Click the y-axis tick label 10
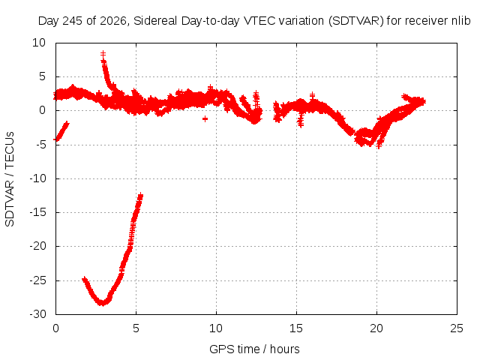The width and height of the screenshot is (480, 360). pyautogui.click(x=39, y=43)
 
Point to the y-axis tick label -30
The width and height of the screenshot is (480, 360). pyautogui.click(x=38, y=314)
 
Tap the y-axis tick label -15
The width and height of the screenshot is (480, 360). pyautogui.click(x=38, y=212)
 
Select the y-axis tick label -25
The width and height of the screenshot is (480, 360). pyautogui.click(x=38, y=280)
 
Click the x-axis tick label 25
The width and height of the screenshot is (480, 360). pyautogui.click(x=457, y=328)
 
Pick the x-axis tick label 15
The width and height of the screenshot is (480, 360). pyautogui.click(x=296, y=328)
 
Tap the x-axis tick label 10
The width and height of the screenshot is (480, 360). pyautogui.click(x=216, y=328)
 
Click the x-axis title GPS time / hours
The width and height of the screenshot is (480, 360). pyautogui.click(x=254, y=349)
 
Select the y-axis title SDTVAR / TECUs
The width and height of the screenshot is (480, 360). pyautogui.click(x=10, y=179)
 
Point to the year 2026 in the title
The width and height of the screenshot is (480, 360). pyautogui.click(x=113, y=21)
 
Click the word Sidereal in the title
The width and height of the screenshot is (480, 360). pyautogui.click(x=155, y=21)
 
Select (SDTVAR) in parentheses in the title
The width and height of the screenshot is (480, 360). pyautogui.click(x=355, y=21)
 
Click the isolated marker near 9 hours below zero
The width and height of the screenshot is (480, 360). pyautogui.click(x=205, y=118)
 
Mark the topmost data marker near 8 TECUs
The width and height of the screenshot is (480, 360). pyautogui.click(x=103, y=54)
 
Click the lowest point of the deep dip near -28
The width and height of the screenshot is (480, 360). pyautogui.click(x=102, y=303)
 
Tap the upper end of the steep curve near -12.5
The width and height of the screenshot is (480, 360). pyautogui.click(x=140, y=196)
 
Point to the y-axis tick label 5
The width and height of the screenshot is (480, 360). pyautogui.click(x=42, y=76)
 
